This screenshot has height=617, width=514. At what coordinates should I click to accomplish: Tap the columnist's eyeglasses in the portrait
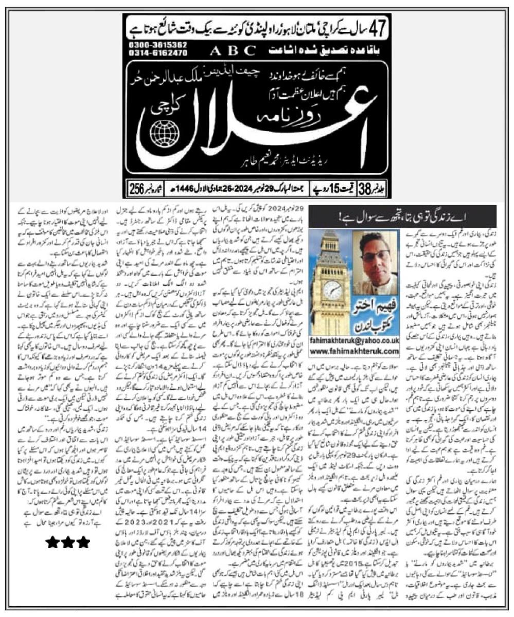pos(375,256)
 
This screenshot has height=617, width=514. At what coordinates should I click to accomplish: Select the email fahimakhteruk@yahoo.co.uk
pos(355,339)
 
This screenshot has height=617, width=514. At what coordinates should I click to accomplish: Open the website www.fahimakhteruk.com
pos(355,351)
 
